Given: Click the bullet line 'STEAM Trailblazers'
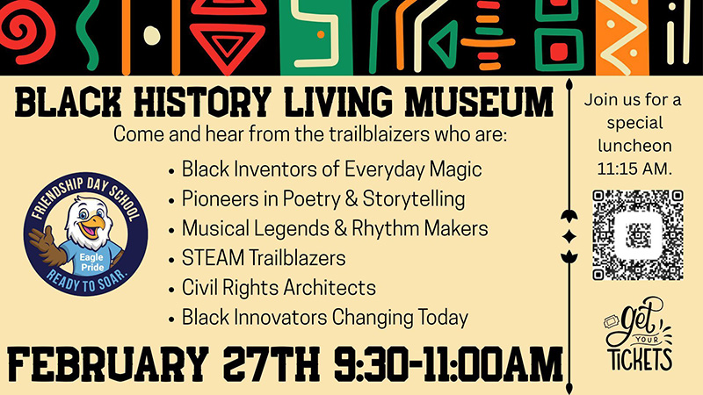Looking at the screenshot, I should pyautogui.click(x=264, y=258).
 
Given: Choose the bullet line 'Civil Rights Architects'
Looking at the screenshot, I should pyautogui.click(x=279, y=287).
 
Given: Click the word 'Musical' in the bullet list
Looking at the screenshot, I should pyautogui.click(x=214, y=228).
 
